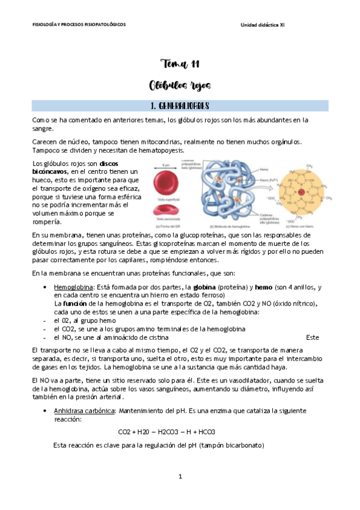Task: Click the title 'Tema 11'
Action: [x=180, y=64]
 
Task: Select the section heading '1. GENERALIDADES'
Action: [x=180, y=106]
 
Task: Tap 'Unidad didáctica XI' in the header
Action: [x=263, y=25]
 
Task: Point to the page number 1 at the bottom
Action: [x=180, y=476]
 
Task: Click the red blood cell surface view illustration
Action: [x=167, y=182]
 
